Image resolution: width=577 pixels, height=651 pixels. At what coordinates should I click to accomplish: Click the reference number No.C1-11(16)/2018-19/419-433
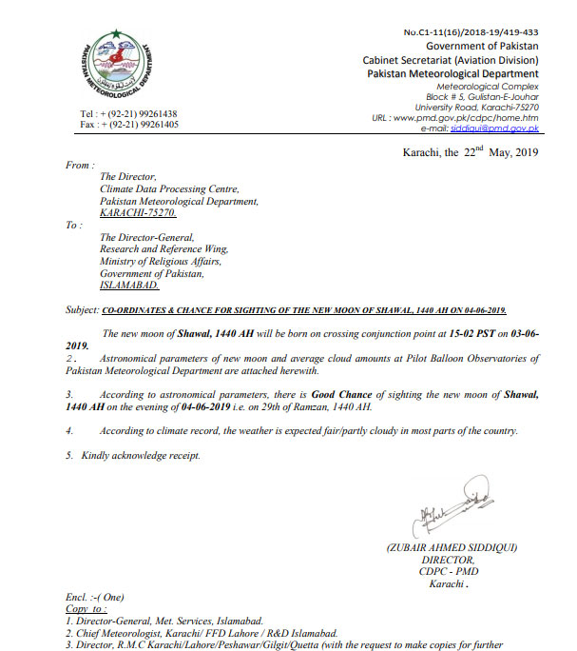tap(471, 32)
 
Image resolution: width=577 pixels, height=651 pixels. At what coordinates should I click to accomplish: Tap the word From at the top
tap(79, 166)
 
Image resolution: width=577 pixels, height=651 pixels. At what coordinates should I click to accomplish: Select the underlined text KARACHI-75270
tap(133, 213)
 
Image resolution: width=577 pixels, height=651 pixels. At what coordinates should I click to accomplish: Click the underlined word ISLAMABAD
tap(131, 285)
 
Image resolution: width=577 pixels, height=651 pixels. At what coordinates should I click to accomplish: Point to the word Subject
tap(81, 310)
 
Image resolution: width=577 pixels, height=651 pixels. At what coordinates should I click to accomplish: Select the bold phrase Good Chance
tap(343, 392)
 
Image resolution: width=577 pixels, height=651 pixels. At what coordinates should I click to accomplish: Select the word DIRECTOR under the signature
tap(447, 560)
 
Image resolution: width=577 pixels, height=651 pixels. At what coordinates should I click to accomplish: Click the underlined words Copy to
tap(87, 607)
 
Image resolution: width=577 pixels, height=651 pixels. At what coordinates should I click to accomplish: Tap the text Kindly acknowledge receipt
tap(139, 456)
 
